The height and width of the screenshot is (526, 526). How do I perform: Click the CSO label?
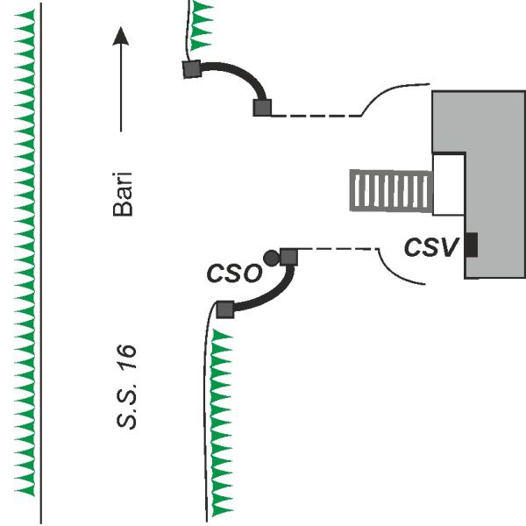234,273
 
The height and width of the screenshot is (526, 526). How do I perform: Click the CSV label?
431,247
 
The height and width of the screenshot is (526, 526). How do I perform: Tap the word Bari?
123,195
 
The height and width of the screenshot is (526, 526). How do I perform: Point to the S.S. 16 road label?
126,387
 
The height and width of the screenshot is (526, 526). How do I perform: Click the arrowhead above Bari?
120,36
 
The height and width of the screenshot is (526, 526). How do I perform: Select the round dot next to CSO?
271,259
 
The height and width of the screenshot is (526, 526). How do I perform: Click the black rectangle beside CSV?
472,245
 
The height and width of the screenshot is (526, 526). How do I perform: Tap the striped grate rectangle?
391,191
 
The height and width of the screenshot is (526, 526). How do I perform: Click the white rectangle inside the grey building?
449,184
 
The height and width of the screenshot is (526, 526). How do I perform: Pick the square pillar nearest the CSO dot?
288,257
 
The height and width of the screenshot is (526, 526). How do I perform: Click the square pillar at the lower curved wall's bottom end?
224,309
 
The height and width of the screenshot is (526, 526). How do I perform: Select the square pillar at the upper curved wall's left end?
192,69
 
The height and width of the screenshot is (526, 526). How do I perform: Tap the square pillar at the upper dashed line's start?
262,108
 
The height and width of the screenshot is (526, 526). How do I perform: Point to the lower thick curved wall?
272,293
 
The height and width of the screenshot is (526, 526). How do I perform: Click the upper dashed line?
316,116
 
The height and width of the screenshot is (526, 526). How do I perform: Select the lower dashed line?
338,249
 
